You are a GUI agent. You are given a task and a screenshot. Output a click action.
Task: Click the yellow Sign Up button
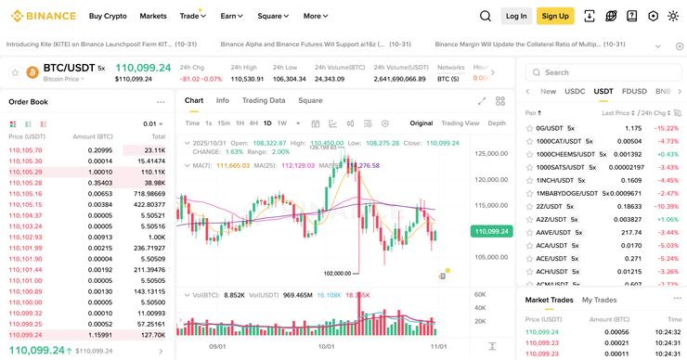tap(555, 16)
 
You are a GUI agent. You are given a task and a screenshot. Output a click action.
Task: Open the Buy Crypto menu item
tap(108, 16)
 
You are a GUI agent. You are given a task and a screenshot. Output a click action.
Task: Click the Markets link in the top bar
tap(153, 16)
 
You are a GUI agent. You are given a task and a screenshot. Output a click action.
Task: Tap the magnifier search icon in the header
tap(486, 16)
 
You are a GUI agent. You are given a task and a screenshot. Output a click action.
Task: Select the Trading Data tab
tap(264, 100)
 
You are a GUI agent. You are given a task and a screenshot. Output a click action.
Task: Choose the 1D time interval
tap(267, 122)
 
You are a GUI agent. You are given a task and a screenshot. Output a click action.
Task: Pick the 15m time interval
tap(223, 122)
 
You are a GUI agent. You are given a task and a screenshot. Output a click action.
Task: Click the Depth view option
tap(497, 122)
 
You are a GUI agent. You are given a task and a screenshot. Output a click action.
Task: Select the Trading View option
tap(460, 122)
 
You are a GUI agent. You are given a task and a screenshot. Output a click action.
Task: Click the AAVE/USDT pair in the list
tap(556, 232)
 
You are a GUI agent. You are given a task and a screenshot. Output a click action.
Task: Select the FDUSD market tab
tap(634, 92)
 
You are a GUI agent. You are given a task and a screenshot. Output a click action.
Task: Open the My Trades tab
tap(599, 300)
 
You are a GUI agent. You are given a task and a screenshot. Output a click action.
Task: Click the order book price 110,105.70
tap(25, 149)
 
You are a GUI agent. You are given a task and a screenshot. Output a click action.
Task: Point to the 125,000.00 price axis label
tap(491, 153)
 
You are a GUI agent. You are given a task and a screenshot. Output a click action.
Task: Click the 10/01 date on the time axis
tap(326, 346)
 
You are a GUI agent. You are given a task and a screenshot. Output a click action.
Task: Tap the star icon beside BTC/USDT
tap(14, 71)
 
